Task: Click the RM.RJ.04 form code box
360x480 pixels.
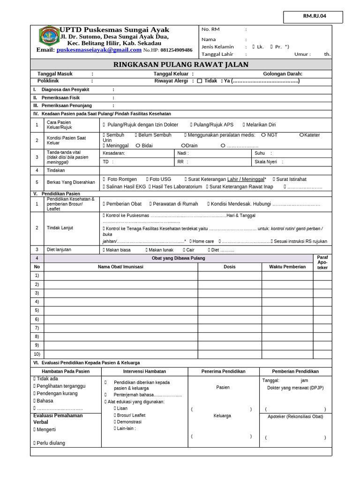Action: click(313, 16)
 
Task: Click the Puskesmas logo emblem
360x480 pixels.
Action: click(48, 36)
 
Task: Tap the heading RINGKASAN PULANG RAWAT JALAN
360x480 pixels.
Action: click(181, 65)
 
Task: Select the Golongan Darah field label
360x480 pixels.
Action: click(283, 74)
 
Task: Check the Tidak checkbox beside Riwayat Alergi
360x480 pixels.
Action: click(200, 81)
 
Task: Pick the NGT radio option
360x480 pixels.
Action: click(263, 135)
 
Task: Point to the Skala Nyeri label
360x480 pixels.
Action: click(265, 162)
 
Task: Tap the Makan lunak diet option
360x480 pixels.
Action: click(159, 250)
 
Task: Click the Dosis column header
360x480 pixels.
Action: click(230, 267)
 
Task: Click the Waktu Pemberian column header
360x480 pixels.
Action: click(287, 267)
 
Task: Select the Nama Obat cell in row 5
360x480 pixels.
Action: click(121, 310)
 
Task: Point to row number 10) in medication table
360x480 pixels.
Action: click(37, 354)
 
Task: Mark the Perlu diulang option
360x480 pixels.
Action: click(49, 443)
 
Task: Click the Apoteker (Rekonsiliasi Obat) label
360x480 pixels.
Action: click(295, 416)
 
